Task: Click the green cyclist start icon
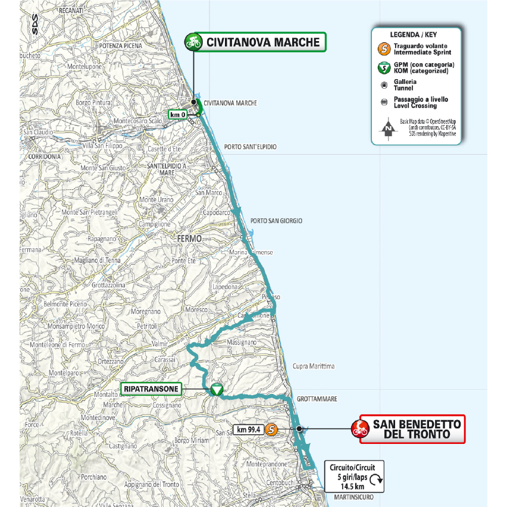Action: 193,42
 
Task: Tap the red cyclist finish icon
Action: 359,428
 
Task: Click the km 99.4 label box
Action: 249,429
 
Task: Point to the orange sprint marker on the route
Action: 271,429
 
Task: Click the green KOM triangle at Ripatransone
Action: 216,390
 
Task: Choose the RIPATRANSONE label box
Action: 151,389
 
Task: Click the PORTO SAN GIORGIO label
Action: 276,221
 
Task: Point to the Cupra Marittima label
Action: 314,366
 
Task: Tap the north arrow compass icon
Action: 387,127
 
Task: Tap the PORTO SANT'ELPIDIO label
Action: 251,146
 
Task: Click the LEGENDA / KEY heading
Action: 415,35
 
